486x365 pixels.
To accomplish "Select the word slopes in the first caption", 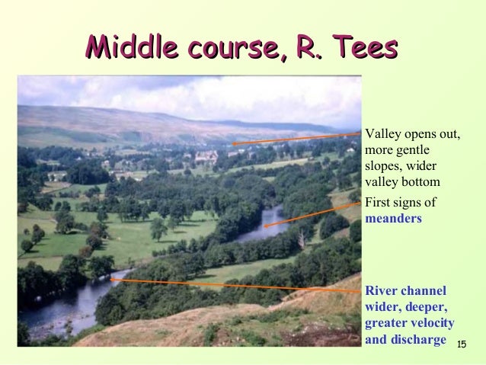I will (382, 166).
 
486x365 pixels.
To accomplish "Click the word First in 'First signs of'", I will (379, 203).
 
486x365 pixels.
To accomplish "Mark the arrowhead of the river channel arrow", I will (112, 280).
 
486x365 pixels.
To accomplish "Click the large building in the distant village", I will (205, 157).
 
